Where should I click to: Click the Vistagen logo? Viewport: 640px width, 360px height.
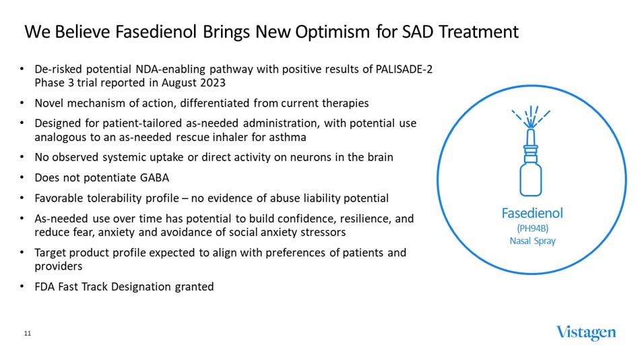(585, 333)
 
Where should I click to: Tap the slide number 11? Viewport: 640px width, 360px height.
(28, 334)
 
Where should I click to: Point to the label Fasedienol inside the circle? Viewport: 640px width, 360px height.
(532, 214)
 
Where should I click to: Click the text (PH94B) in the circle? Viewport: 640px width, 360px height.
(532, 228)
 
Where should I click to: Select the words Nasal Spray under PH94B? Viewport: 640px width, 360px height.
(532, 241)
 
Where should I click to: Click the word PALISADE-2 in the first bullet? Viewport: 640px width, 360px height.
(403, 69)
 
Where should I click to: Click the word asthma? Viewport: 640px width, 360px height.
(290, 137)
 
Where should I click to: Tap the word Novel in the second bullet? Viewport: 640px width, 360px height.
(49, 103)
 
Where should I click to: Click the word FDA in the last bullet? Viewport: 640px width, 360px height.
(44, 287)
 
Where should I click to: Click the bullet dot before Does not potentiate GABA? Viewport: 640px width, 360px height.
(22, 178)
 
